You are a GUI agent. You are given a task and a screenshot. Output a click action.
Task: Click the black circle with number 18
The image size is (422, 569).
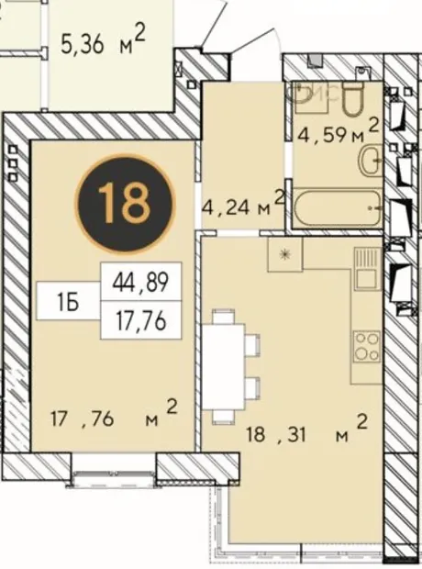click(x=125, y=203)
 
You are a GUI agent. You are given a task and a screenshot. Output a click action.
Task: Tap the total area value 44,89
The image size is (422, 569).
click(x=140, y=282)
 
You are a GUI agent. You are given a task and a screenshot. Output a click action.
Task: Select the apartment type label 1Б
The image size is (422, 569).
click(x=68, y=301)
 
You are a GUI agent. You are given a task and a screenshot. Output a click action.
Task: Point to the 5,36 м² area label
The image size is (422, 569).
click(x=103, y=42)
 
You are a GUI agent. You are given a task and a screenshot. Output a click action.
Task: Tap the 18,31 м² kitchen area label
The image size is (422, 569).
click(x=306, y=430)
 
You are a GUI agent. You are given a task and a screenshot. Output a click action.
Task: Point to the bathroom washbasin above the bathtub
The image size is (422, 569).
click(x=371, y=160)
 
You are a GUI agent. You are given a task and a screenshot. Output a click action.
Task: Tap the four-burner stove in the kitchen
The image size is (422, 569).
click(x=368, y=347)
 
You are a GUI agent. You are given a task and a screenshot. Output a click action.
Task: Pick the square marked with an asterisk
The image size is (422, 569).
click(x=285, y=254)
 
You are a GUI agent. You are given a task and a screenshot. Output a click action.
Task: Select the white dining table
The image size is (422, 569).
click(x=223, y=366)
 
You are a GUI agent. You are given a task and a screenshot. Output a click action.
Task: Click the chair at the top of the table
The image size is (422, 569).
click(x=223, y=316)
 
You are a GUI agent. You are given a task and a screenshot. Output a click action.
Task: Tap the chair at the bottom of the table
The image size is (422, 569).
click(x=223, y=417)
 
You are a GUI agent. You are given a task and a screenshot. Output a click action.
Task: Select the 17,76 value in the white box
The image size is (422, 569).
click(x=140, y=321)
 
